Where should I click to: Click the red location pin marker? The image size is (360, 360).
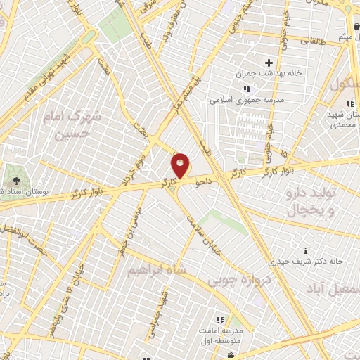(181, 166)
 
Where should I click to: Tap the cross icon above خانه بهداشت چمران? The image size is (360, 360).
(269, 63)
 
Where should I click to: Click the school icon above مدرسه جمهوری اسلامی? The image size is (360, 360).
(246, 89)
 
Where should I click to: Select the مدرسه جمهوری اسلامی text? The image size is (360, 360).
(246, 100)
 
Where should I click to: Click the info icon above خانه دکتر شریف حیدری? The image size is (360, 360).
(305, 250)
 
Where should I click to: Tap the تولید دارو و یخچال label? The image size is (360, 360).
(310, 201)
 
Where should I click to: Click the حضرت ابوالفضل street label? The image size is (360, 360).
(33, 240)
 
